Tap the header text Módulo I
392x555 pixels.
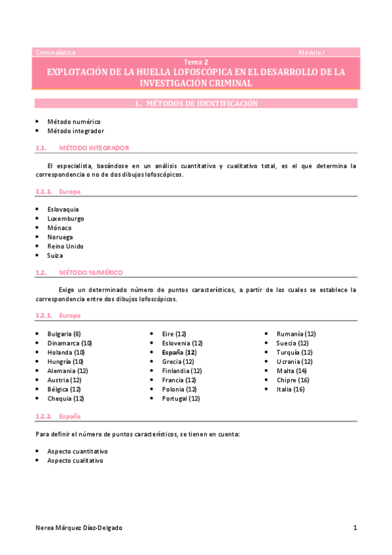pos(312,52)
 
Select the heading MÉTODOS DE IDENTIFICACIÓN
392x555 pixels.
pos(201,103)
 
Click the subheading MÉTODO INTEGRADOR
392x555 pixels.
pos(94,148)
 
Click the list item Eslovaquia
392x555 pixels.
pos(63,209)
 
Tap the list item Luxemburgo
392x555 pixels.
pos(65,219)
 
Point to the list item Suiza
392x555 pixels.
pos(55,255)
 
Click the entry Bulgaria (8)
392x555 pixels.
pos(64,334)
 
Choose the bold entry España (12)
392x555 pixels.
pos(179,352)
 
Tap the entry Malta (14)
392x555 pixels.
pos(291,370)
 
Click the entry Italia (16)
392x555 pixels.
pos(291,389)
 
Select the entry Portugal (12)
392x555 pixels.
pos(181,398)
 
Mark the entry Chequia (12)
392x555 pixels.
pos(65,398)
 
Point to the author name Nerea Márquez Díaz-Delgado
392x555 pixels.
pos(79,528)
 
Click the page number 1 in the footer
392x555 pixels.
pos(355,528)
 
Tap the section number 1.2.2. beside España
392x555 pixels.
pos(43,416)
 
